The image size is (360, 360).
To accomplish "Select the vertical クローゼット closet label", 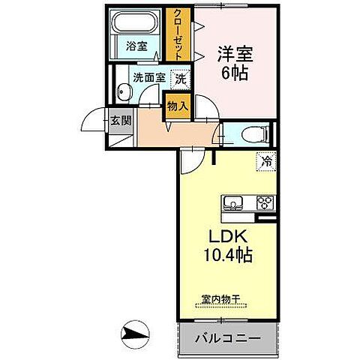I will [178, 34].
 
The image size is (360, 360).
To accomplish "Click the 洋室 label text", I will [235, 54].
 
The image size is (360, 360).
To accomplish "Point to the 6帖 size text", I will [235, 73].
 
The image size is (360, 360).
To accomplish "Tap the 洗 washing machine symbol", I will [180, 77].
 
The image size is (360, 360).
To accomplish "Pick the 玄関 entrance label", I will [121, 119].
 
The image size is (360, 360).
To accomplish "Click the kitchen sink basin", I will [232, 202].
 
